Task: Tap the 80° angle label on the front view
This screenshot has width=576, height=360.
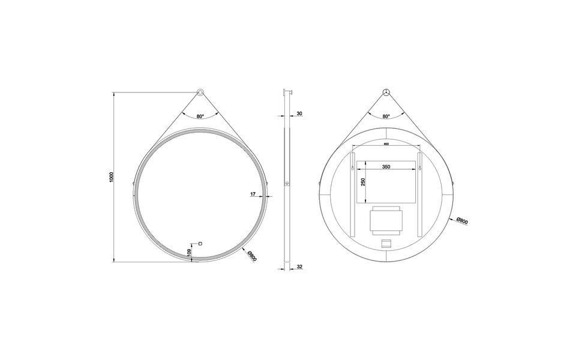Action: [200, 116]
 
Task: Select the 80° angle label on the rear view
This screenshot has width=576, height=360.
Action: [386, 116]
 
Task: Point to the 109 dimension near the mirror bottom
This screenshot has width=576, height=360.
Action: [189, 254]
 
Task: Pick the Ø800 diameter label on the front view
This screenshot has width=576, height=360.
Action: [252, 256]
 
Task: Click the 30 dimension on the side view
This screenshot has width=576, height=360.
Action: [299, 113]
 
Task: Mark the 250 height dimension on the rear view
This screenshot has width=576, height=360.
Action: [363, 181]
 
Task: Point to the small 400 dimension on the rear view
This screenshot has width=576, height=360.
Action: [386, 145]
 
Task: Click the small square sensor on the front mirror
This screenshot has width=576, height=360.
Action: [200, 243]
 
